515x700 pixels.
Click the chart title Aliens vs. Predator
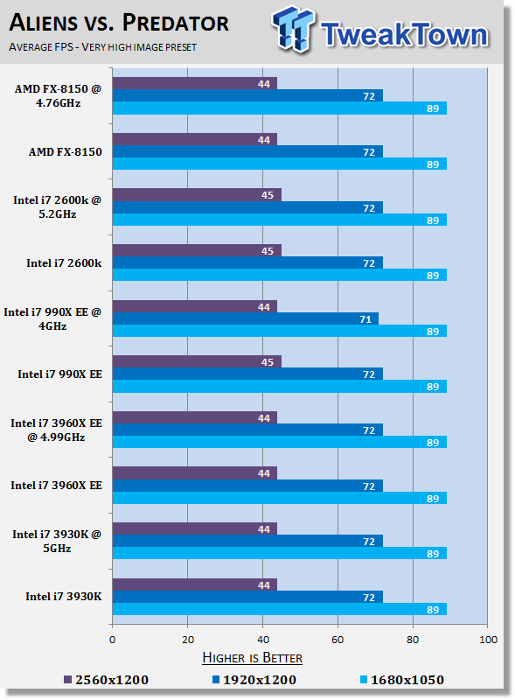119,23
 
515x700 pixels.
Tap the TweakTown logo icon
293,29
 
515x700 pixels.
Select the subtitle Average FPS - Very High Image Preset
102,47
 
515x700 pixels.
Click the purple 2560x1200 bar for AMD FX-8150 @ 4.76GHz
195,83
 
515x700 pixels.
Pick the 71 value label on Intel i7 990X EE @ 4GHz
365,319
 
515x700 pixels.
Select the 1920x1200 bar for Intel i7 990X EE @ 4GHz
246,318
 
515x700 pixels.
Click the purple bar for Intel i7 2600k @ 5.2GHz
197,195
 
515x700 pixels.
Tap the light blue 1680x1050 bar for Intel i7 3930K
280,609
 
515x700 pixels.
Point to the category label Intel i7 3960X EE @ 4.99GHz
56,430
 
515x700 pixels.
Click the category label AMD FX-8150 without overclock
66,151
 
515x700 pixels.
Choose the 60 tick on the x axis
338,640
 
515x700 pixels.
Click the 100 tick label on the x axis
488,640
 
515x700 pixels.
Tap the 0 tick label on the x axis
113,640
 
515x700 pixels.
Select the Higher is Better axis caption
252,658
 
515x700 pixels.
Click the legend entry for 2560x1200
106,680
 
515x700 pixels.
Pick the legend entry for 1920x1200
254,680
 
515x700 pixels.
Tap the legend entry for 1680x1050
402,680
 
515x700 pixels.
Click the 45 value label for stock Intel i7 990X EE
268,362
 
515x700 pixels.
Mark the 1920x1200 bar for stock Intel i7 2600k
247,263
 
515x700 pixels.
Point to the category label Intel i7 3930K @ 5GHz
57,541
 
